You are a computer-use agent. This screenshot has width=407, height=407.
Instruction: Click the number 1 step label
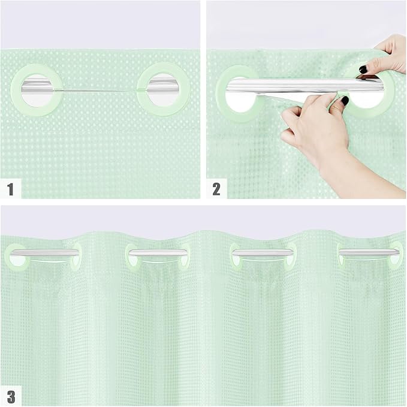[x=10, y=190]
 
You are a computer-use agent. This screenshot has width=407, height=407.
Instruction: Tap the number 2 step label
[x=216, y=190]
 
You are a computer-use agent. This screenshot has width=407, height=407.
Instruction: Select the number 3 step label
[x=11, y=396]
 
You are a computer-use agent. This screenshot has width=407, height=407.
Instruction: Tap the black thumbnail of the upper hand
[x=363, y=70]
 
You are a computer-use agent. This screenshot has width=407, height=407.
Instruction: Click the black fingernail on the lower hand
[x=344, y=101]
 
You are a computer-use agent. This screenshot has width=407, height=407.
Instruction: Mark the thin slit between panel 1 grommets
[x=100, y=91]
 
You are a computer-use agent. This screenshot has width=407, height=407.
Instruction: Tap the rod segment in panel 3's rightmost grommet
[x=369, y=253]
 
